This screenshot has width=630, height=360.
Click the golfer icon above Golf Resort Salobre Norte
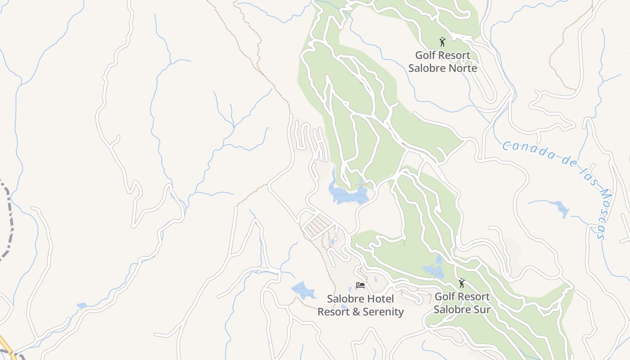[x=442, y=42]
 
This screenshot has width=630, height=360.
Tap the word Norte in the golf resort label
[x=463, y=68]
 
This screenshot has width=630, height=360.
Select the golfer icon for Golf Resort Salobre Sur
[x=461, y=283]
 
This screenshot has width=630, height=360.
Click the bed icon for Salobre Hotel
[x=360, y=285]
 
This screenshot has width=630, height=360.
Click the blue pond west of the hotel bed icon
[x=304, y=290]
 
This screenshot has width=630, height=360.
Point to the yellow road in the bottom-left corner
[x=4, y=344]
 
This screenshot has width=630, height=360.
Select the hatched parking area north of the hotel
[x=317, y=225]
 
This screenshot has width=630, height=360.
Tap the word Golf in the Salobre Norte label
[x=425, y=55]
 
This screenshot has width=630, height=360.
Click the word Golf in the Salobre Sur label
[x=445, y=297]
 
